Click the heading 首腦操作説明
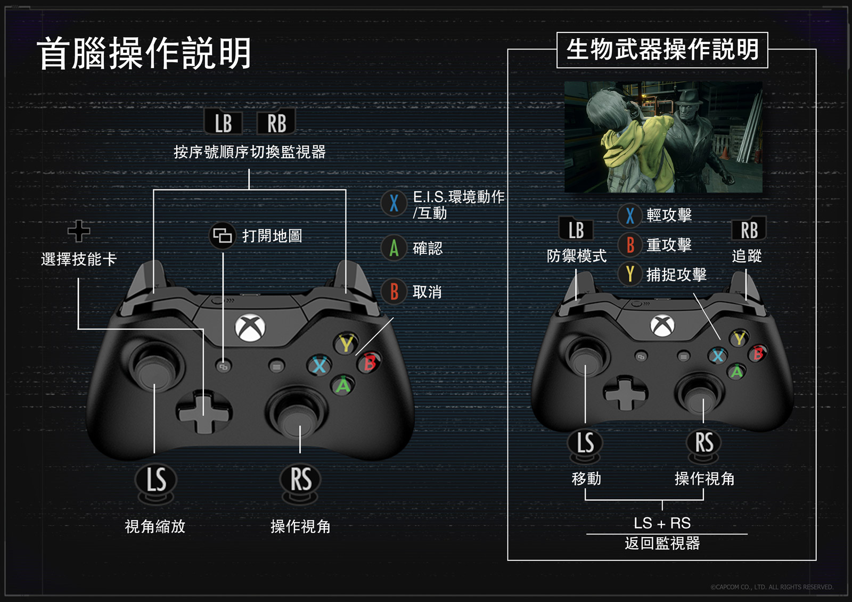[x=144, y=54]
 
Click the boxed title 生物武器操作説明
[x=662, y=50]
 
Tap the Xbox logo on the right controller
[x=662, y=325]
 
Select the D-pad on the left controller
[x=203, y=413]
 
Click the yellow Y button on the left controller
[x=347, y=343]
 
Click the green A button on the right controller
[x=736, y=371]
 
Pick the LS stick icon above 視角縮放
[x=156, y=480]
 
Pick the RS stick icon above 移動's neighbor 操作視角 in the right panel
[x=704, y=443]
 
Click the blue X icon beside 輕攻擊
[x=630, y=215]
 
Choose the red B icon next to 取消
[x=394, y=292]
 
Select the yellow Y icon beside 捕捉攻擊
[x=630, y=274]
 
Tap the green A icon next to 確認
[x=394, y=248]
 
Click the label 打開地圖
[x=272, y=236]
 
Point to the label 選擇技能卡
[x=79, y=259]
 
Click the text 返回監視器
[x=662, y=543]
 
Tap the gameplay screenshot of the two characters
[x=663, y=137]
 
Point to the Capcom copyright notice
[x=772, y=587]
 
